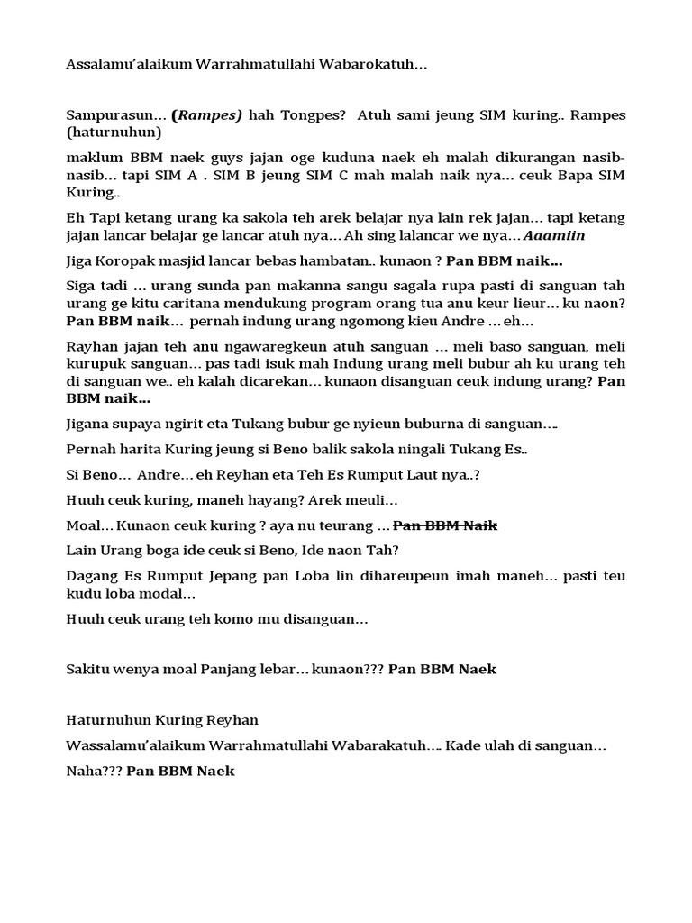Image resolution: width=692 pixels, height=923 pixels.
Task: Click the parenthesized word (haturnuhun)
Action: click(114, 133)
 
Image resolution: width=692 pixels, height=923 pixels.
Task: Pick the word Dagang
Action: click(91, 576)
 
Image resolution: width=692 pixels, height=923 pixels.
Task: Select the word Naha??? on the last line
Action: click(93, 772)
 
